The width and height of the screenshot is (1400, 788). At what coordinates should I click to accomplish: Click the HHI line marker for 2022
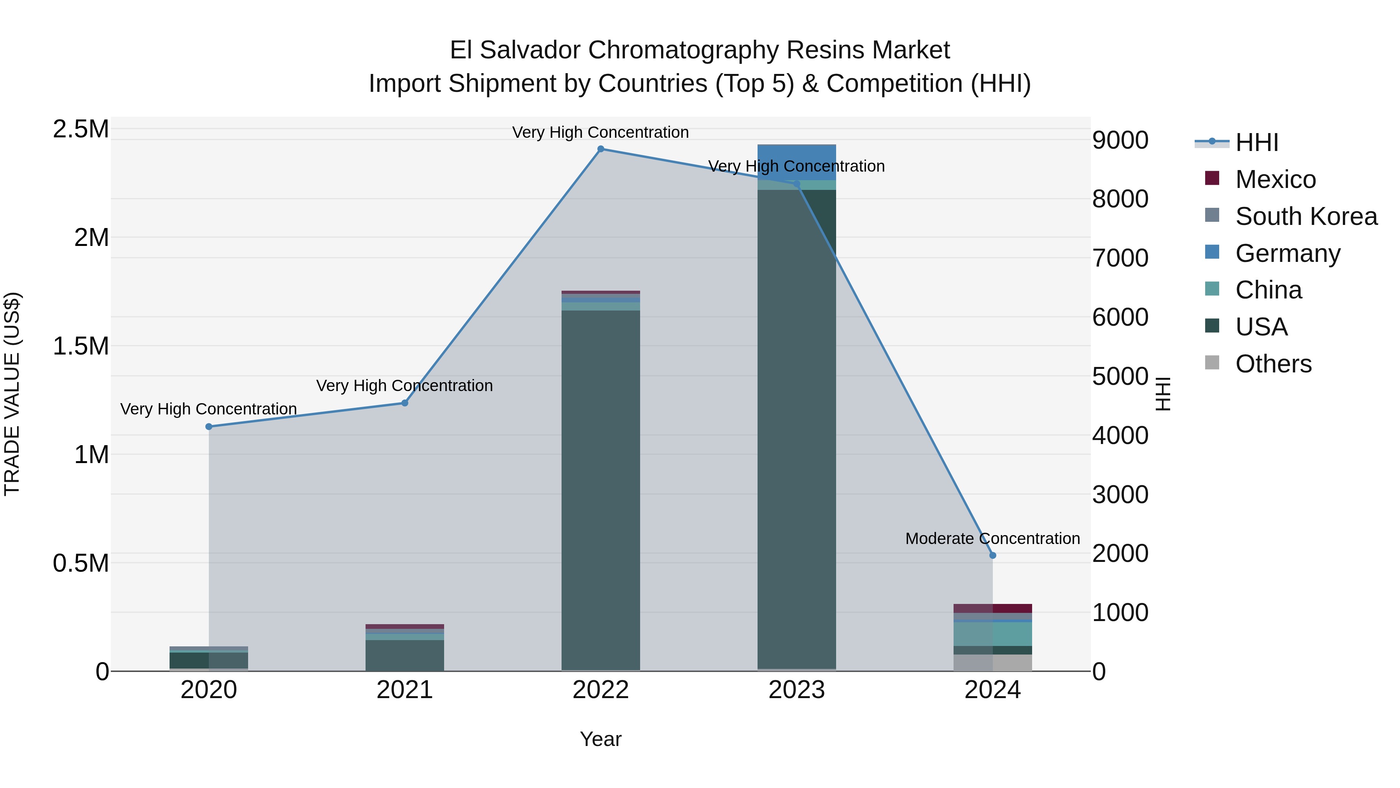[600, 149]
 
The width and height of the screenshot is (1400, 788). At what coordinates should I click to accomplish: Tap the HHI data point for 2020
[209, 427]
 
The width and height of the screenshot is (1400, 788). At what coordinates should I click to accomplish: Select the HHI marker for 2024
[993, 555]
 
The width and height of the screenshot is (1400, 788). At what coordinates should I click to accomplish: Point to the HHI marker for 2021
[405, 403]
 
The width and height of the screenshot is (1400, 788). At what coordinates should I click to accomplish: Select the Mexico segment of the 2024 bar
[993, 609]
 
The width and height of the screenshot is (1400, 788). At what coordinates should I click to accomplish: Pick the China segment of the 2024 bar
[993, 634]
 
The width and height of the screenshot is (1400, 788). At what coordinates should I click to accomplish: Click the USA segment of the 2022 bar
[600, 490]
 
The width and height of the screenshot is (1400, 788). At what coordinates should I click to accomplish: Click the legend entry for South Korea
[1306, 216]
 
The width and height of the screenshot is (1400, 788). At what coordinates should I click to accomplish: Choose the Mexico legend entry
[1275, 179]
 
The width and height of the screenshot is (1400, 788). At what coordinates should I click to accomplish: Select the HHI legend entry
[1256, 142]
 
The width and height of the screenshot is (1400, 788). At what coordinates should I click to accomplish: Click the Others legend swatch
[1212, 363]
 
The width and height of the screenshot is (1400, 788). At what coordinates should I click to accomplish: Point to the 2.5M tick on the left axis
[81, 130]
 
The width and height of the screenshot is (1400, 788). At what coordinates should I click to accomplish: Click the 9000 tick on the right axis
[1121, 140]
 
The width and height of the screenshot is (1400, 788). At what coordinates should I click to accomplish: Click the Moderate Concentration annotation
[992, 539]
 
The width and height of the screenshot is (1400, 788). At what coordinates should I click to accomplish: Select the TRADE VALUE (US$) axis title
[12, 394]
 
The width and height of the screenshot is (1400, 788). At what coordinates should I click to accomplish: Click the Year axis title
[600, 739]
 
